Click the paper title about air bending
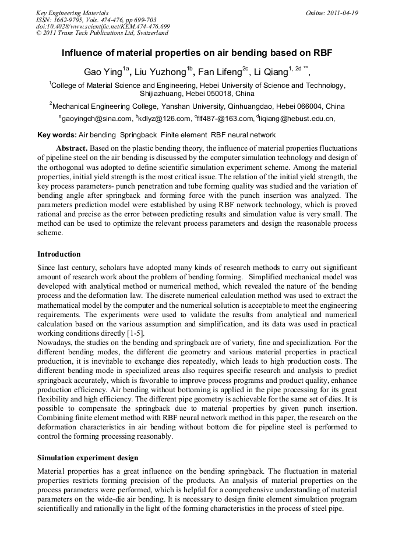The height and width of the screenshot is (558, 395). (x=197, y=53)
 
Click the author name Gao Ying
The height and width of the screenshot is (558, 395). (x=104, y=73)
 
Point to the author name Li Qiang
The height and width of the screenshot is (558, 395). (x=271, y=73)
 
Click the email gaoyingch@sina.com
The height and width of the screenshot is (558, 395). (x=96, y=119)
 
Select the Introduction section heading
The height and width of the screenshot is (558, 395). (x=59, y=254)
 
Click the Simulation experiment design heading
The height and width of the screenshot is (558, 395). (x=87, y=458)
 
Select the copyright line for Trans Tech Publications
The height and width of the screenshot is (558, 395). (x=102, y=33)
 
